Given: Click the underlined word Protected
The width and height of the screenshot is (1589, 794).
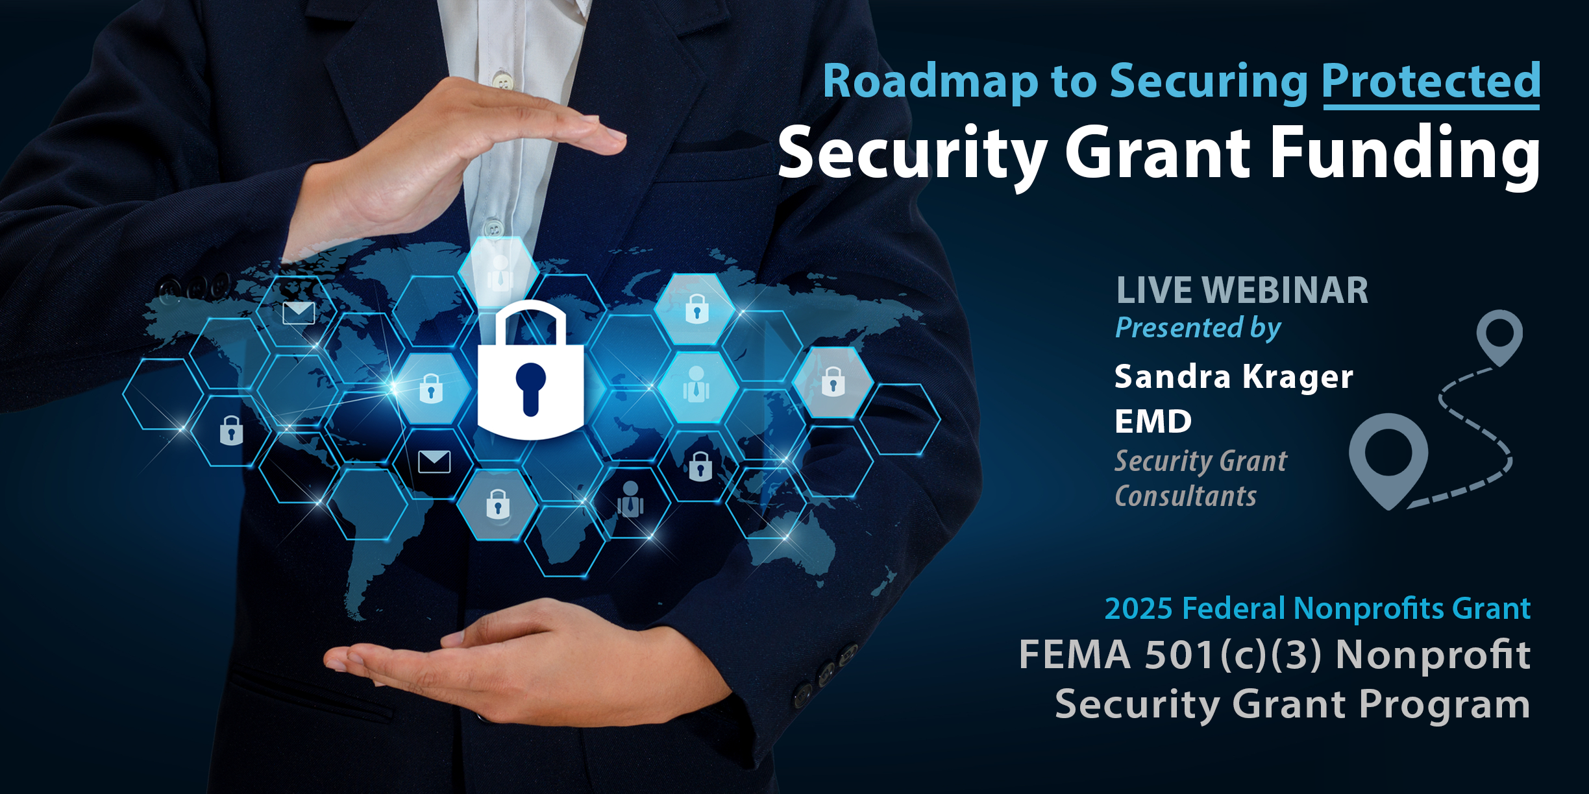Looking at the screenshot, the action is tap(1431, 82).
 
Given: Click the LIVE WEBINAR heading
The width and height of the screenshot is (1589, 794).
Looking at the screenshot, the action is tap(1242, 290).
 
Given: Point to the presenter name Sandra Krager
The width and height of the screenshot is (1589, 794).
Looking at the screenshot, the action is tap(1234, 378).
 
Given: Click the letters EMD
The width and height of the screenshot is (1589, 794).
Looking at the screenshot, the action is tap(1153, 422).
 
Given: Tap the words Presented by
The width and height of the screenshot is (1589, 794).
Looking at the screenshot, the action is tap(1198, 328).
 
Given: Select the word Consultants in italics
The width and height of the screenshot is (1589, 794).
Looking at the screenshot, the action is tap(1186, 496).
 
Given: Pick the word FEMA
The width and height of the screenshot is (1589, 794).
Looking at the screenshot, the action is tap(1075, 655).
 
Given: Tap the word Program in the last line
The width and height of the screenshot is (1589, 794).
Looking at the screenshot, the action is tap(1445, 705).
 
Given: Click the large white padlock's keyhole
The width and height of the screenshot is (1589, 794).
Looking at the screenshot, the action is tap(530, 388).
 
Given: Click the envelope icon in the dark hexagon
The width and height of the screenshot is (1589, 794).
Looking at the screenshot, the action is tap(434, 461).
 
